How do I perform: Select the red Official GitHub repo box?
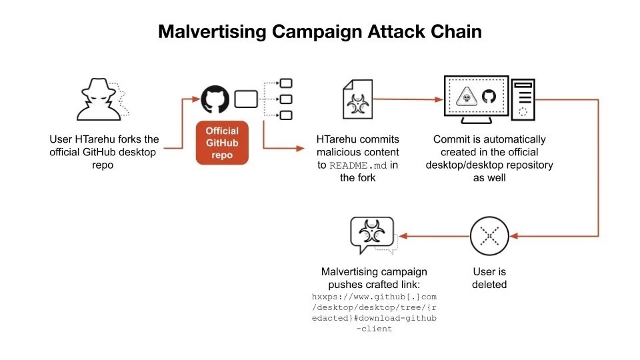click(222, 143)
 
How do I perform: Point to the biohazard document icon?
click(358, 100)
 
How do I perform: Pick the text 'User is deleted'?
click(489, 278)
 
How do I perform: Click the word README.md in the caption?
click(359, 165)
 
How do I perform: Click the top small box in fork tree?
click(286, 84)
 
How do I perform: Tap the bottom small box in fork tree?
click(286, 115)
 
